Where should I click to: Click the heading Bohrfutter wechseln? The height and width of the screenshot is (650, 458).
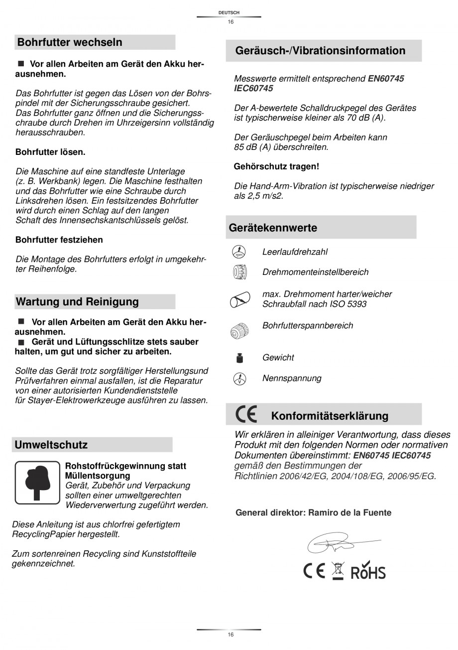(x=70, y=42)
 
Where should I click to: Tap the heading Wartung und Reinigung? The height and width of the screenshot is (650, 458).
(x=78, y=302)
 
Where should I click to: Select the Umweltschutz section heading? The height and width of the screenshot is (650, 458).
(x=51, y=445)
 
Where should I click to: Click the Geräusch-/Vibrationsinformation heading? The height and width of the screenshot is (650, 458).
(x=320, y=50)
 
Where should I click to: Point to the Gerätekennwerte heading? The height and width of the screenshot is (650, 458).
(x=273, y=228)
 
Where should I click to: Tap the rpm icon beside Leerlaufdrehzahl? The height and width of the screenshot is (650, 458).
(x=239, y=252)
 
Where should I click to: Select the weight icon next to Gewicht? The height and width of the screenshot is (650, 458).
(x=239, y=358)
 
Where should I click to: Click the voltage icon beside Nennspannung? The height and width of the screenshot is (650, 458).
(x=239, y=379)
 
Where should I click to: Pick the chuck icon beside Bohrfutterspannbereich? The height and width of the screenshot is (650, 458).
(x=239, y=330)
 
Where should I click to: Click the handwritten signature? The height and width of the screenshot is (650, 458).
(x=339, y=544)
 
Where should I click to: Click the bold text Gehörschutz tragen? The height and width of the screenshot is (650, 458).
(x=276, y=166)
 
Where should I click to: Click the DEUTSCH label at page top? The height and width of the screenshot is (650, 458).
(x=229, y=12)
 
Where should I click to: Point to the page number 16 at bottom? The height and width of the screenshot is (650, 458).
(x=230, y=635)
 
